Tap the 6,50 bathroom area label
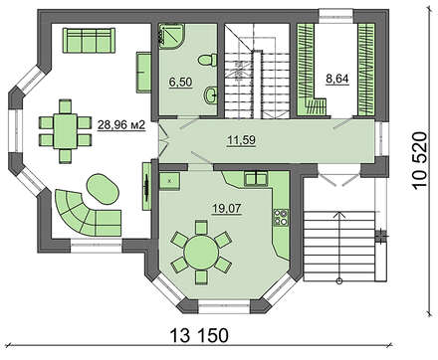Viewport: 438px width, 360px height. (x=180, y=82)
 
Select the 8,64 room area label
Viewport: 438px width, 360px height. (x=337, y=79)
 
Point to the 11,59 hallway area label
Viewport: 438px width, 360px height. (x=241, y=140)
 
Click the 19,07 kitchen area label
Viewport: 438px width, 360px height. (x=227, y=209)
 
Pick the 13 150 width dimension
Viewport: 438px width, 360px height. (x=200, y=335)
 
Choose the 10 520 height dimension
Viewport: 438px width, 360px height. (x=419, y=160)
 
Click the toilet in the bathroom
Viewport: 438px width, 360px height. (x=207, y=60)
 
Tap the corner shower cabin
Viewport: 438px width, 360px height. (x=171, y=36)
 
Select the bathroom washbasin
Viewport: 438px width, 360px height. (x=210, y=95)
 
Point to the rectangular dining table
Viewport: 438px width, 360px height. (x=65, y=131)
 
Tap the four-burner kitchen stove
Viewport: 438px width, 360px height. (x=281, y=218)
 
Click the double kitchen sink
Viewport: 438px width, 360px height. (x=256, y=178)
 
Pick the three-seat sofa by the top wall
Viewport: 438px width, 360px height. (x=89, y=40)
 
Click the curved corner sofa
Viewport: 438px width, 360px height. (x=87, y=213)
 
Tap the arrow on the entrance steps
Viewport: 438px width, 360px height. (x=339, y=247)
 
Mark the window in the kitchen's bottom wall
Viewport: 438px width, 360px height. (x=224, y=306)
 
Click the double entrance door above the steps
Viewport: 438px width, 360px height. (x=339, y=176)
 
